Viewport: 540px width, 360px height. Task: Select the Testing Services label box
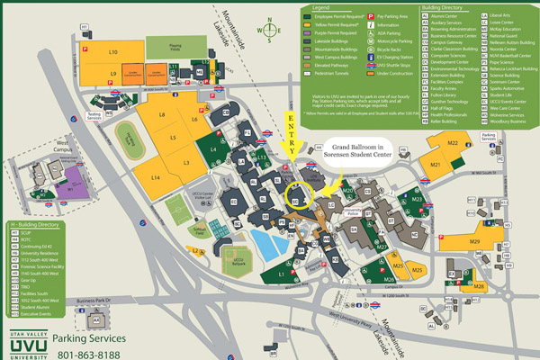[94, 115]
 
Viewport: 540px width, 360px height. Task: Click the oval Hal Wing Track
[128, 136]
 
